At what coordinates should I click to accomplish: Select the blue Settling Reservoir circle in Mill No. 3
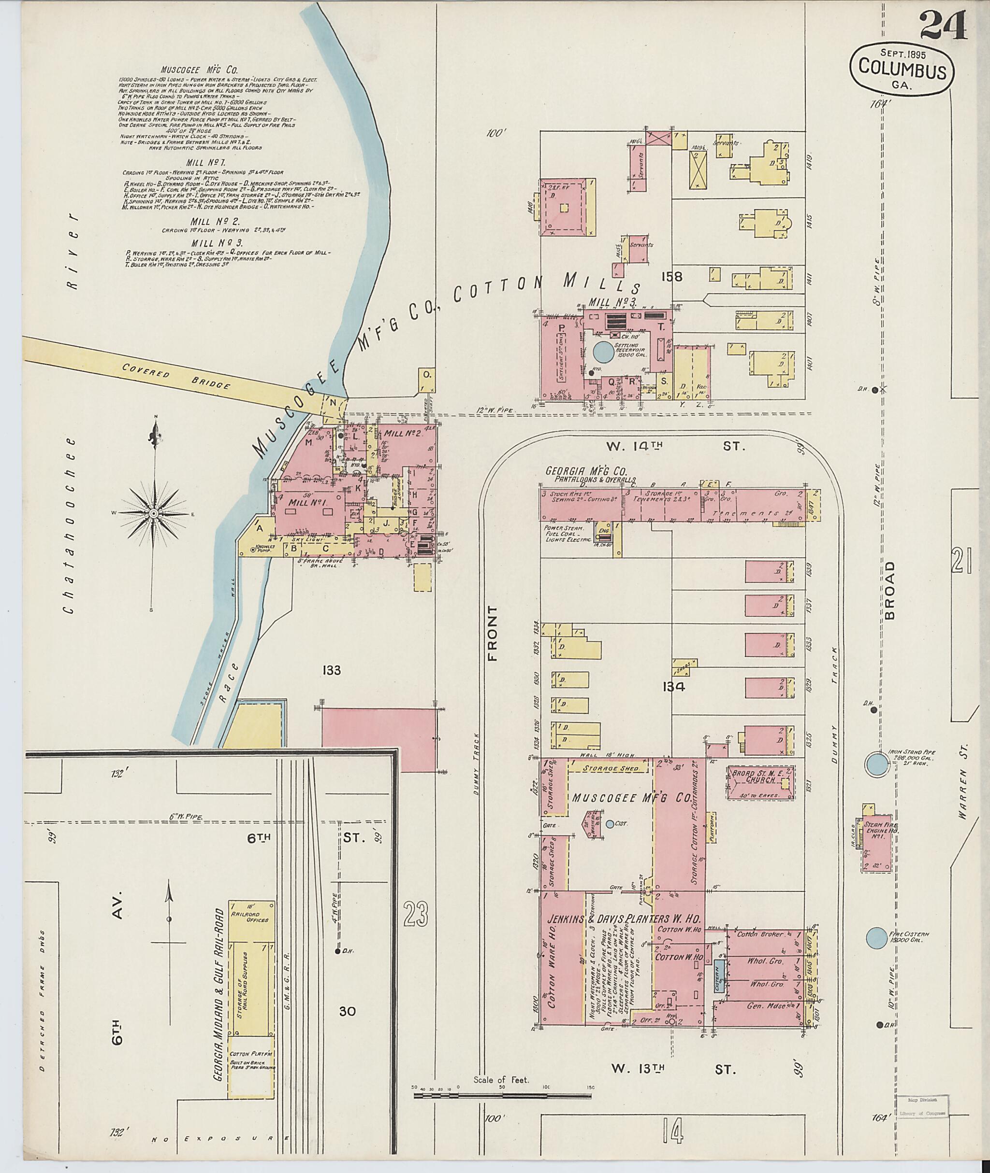(603, 353)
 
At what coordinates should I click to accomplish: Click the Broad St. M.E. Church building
(761, 782)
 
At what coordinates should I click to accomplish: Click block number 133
(332, 670)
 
